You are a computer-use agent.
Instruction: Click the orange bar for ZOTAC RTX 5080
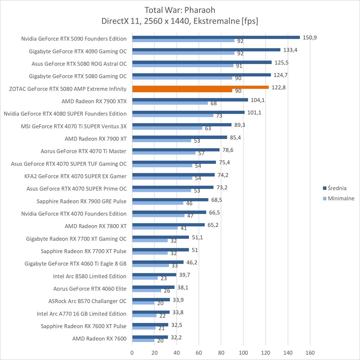click(200, 87)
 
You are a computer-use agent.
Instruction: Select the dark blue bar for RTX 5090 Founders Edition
click(216, 37)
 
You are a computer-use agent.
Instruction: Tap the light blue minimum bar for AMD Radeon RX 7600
click(143, 340)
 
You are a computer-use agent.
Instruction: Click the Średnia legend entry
click(335, 188)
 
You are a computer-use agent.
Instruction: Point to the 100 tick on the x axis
click(243, 353)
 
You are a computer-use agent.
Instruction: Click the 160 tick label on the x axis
click(310, 353)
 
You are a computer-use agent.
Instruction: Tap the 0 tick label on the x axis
click(132, 353)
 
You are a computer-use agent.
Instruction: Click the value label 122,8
click(278, 87)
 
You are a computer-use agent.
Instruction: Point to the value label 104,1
click(258, 100)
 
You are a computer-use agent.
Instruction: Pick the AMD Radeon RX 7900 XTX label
click(94, 101)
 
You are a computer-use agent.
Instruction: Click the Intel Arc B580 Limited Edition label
click(90, 276)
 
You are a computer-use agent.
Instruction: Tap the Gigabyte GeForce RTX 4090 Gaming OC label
click(78, 51)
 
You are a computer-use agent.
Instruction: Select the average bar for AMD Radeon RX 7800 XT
click(168, 225)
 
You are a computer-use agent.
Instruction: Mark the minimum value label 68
click(214, 103)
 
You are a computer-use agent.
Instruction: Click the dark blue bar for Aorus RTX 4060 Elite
click(153, 287)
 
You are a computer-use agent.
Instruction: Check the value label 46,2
click(192, 262)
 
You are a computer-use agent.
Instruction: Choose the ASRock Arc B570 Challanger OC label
click(87, 301)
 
